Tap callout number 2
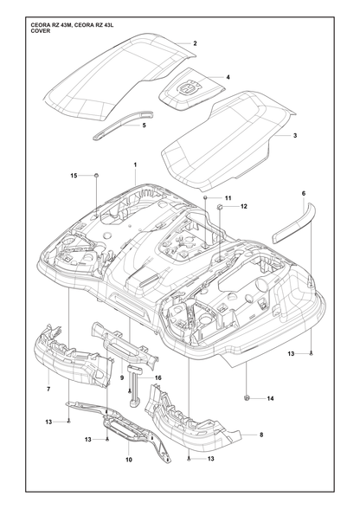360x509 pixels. tap(195, 43)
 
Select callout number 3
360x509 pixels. tap(295, 135)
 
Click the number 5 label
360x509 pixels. tap(145, 125)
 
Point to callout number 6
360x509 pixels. tap(304, 194)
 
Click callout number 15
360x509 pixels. tap(74, 176)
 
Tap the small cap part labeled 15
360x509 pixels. tap(96, 176)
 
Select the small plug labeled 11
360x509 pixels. tap(205, 197)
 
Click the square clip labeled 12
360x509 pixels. tap(219, 206)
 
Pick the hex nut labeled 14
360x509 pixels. tap(246, 398)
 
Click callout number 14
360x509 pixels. tap(270, 398)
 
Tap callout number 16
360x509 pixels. tap(158, 377)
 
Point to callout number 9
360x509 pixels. tap(122, 377)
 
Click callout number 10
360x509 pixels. tap(129, 460)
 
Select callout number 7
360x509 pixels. tap(48, 390)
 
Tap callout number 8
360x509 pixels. tap(261, 435)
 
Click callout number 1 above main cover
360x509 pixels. tap(135, 164)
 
